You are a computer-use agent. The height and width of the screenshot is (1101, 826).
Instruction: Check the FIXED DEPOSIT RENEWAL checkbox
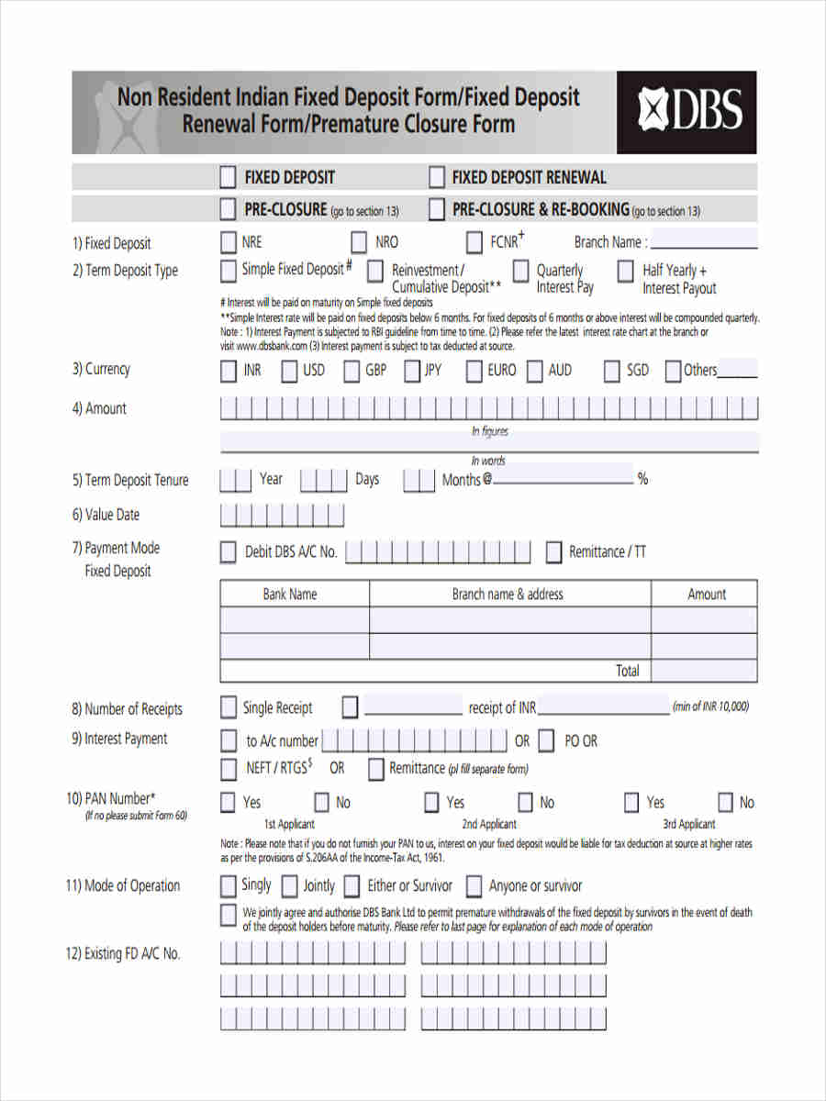coord(437,177)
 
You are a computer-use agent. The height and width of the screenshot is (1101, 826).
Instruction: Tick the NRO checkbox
coord(359,243)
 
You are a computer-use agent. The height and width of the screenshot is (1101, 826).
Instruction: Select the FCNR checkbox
coord(474,243)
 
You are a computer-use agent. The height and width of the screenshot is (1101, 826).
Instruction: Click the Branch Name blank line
coord(703,244)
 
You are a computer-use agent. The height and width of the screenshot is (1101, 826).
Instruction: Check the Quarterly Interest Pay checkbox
coord(520,272)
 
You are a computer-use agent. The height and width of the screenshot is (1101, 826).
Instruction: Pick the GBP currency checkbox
coord(352,372)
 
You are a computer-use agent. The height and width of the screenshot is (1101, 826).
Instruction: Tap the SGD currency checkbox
coord(612,372)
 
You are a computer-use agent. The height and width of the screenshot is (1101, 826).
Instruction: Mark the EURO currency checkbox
coord(474,372)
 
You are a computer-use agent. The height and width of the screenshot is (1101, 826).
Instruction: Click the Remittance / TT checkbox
coord(553,552)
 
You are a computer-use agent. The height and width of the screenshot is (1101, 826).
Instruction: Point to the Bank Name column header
coord(290,595)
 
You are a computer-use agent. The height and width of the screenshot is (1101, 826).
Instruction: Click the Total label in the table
coord(628,671)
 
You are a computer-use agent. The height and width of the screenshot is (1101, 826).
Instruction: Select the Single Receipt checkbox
coord(228,708)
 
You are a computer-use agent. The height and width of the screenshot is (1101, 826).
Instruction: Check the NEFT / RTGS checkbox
coord(228,769)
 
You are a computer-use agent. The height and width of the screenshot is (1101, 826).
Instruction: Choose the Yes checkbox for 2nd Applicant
coord(431,803)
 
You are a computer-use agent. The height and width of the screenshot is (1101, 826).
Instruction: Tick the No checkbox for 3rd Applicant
coord(725,803)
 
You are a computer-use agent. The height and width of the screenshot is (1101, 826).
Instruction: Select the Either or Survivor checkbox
coord(352,886)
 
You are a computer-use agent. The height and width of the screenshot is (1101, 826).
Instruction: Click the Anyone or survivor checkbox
coord(474,886)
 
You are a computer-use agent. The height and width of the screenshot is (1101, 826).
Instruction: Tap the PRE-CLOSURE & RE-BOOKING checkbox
coord(437,210)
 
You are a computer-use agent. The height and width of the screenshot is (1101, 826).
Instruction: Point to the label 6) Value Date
coord(106,515)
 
